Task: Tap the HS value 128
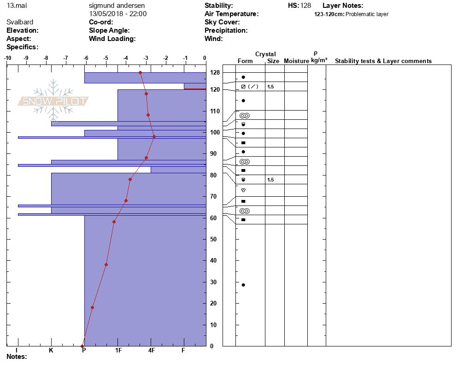(x=305, y=6)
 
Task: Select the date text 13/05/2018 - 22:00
(x=117, y=14)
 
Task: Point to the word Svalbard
(x=20, y=22)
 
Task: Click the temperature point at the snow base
(x=82, y=346)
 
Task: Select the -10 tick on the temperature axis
(x=8, y=58)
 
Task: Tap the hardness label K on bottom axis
(x=51, y=351)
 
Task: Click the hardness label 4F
(x=152, y=351)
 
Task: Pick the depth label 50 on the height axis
(x=214, y=239)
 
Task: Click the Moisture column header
(x=296, y=61)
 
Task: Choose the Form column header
(x=245, y=61)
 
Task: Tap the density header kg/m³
(x=319, y=60)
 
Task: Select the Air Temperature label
(x=231, y=14)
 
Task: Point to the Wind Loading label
(x=112, y=39)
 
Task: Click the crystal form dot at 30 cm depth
(x=243, y=285)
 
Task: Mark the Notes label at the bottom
(x=17, y=357)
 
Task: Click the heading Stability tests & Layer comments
(x=383, y=61)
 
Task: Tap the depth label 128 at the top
(x=215, y=73)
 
